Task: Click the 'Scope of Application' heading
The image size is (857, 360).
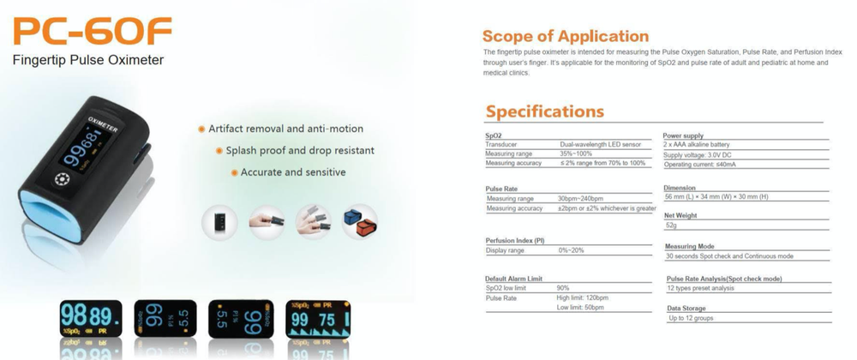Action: (566, 36)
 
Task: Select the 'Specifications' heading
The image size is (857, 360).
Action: (545, 111)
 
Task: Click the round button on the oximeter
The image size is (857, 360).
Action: (63, 180)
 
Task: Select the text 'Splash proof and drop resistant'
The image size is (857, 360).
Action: (300, 151)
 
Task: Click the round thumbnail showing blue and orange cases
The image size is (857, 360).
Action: (360, 222)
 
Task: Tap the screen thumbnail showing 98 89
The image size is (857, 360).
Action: (90, 319)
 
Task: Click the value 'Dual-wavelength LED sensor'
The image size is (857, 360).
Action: (599, 146)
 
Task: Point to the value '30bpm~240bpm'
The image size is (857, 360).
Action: (580, 198)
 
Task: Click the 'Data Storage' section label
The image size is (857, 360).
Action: (686, 308)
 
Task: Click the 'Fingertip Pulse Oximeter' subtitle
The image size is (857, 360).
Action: (88, 61)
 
